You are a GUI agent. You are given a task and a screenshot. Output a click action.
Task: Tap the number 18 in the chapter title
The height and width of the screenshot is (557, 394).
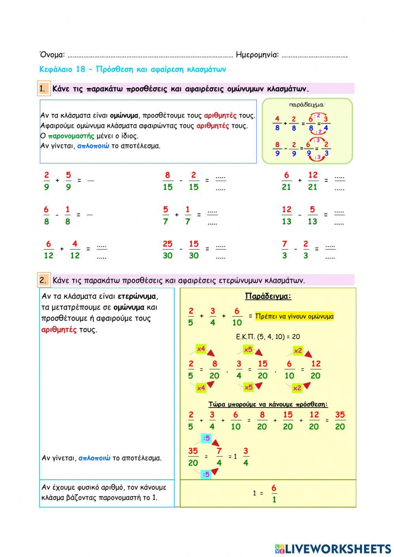(80, 69)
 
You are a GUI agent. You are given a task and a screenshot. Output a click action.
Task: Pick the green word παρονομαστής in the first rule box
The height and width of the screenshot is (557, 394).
(71, 136)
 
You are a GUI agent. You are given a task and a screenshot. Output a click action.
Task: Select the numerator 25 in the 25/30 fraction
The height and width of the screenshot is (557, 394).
(168, 244)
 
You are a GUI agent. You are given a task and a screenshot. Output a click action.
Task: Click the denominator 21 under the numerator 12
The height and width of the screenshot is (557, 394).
(313, 187)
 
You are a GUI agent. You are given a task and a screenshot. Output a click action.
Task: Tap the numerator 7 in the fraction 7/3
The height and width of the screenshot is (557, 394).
(284, 244)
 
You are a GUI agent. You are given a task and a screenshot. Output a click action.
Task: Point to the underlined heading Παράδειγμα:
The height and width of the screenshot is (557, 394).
(268, 296)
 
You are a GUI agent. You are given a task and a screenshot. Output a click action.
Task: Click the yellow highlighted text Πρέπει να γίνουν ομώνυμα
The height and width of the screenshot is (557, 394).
(294, 316)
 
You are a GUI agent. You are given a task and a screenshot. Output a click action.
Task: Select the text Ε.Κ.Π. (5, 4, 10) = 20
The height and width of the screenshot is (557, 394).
(268, 337)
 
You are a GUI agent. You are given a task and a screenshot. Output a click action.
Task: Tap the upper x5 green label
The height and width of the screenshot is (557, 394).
(248, 349)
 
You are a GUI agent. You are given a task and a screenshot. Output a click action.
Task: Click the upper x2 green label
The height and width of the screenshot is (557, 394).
(298, 350)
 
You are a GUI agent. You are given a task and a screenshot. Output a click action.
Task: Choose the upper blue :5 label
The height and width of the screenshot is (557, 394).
(206, 438)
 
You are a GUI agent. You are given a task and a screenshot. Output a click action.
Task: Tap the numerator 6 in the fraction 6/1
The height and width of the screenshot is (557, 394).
(274, 488)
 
